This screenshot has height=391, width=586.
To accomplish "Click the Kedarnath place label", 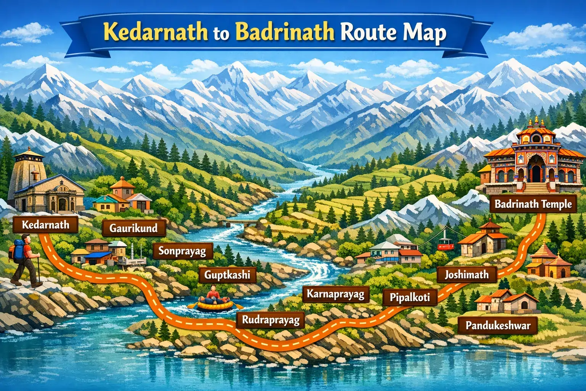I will pyautogui.click(x=45, y=225).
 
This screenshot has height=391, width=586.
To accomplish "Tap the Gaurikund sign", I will pyautogui.click(x=134, y=228).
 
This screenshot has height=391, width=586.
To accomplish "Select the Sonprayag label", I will pyautogui.click(x=182, y=251).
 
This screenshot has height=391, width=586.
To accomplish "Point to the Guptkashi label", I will pyautogui.click(x=227, y=275).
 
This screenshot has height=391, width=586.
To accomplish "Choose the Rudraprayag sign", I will pyautogui.click(x=270, y=320).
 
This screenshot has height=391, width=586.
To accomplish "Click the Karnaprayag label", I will pyautogui.click(x=336, y=294).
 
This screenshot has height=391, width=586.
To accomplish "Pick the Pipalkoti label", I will pyautogui.click(x=410, y=297).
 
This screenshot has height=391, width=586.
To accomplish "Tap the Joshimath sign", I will pyautogui.click(x=466, y=275).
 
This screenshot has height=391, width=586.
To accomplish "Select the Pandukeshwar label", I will pyautogui.click(x=498, y=325).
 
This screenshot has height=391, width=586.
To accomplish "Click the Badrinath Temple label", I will pyautogui.click(x=533, y=204).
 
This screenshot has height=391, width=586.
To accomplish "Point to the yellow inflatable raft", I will pyautogui.click(x=215, y=305).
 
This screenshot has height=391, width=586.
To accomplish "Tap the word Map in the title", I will pyautogui.click(x=423, y=33).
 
